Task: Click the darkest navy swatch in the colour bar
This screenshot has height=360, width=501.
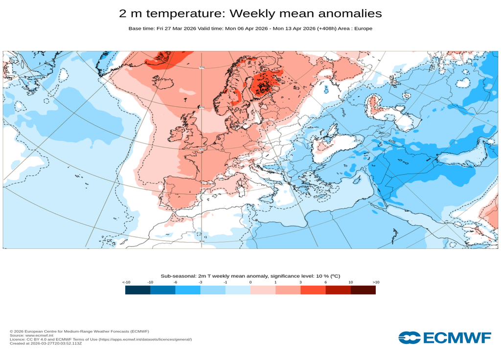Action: click(137, 290)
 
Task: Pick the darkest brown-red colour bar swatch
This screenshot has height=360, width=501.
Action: click(363, 290)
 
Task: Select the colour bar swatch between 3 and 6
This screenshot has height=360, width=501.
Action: click(313, 290)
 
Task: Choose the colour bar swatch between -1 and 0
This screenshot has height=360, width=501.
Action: click(238, 290)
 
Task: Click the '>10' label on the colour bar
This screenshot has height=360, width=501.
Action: click(376, 282)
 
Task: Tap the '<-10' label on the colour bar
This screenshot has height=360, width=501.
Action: click(126, 282)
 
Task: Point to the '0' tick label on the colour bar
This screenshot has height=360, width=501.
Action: click(250, 282)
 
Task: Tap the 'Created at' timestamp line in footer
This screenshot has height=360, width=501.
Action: click(46, 343)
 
